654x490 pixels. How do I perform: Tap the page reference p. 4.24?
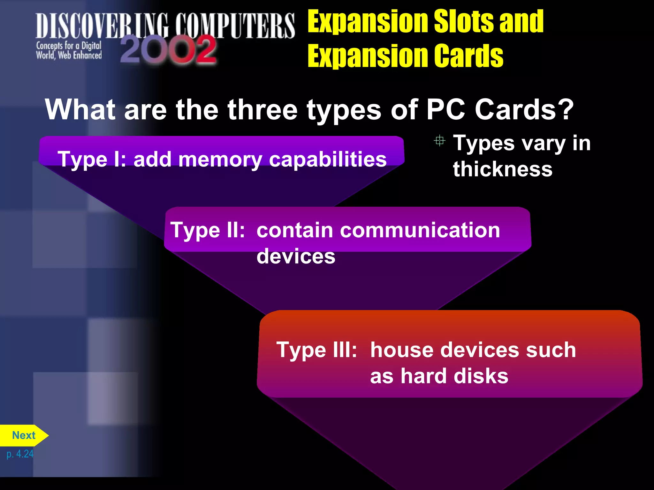click(x=20, y=454)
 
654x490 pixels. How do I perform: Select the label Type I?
click(x=92, y=159)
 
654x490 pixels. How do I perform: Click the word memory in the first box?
click(x=220, y=159)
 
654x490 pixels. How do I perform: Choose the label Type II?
click(x=208, y=230)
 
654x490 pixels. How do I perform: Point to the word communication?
click(x=378, y=230)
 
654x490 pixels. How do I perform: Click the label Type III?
click(x=316, y=350)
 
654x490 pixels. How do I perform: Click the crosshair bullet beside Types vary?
click(x=439, y=141)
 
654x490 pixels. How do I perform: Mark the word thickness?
click(x=503, y=169)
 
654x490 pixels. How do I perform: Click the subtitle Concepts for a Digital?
click(x=69, y=46)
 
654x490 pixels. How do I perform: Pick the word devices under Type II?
click(x=296, y=256)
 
